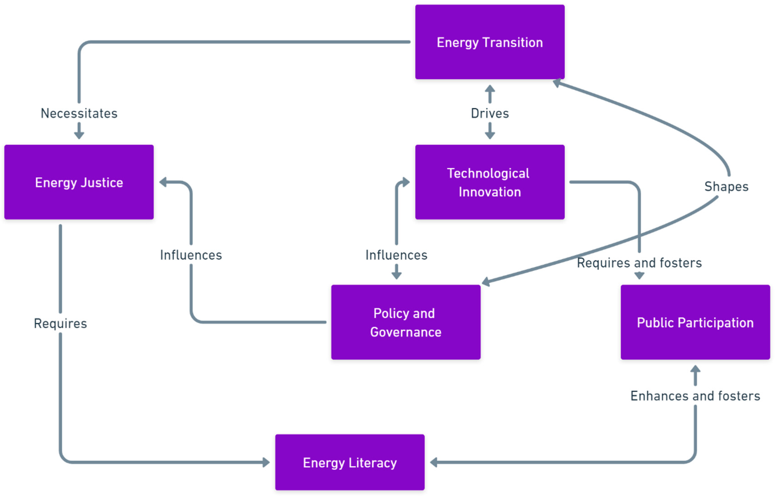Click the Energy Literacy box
coord(350,462)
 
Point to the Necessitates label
coord(79,113)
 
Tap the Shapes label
coord(726,186)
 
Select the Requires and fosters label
coord(639,263)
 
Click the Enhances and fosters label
coord(695,396)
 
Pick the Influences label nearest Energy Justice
coord(191,255)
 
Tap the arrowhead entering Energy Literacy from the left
coord(266,462)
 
